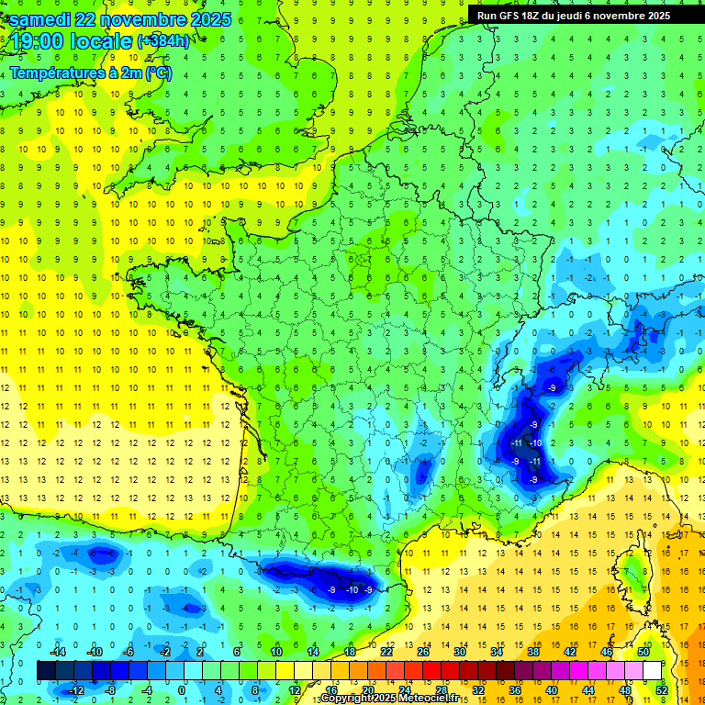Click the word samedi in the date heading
pos(39,20)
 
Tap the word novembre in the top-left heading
pos(141,20)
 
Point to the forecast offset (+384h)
pos(163,41)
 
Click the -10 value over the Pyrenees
pos(352,589)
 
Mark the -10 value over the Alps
pos(537,443)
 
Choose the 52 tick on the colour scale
pos(662,689)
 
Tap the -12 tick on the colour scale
pos(78,689)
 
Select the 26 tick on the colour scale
pos(423,651)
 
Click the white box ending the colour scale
pos(652,670)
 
